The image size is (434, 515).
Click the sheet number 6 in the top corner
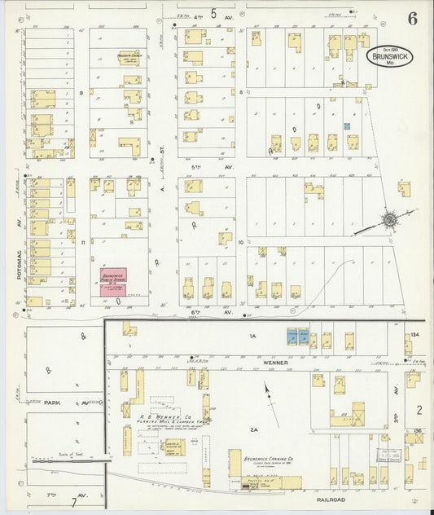(413, 20)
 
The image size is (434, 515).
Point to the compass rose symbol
(390, 219)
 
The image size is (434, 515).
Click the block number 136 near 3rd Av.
(416, 431)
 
